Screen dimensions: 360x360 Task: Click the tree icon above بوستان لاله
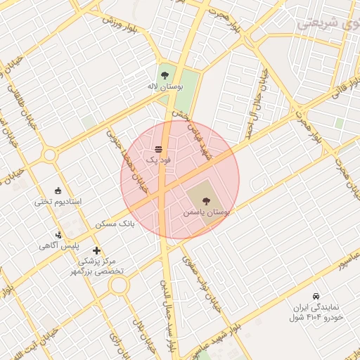coord(165,74)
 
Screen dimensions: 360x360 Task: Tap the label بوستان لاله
coord(165,86)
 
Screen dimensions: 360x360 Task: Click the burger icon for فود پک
coord(158,149)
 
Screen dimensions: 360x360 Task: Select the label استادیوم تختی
coord(58,202)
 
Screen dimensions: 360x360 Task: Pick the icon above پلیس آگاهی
coord(58,235)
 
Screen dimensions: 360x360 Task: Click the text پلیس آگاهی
coord(58,246)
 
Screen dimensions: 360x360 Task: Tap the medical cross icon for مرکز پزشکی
coord(96,250)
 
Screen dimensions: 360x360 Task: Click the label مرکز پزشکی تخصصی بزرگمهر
coord(101,265)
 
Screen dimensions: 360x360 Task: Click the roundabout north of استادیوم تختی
coord(49,155)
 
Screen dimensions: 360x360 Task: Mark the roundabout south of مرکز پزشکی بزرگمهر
coord(118,285)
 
